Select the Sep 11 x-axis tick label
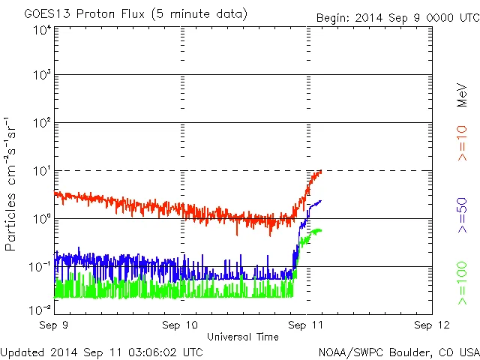pyautogui.click(x=306, y=325)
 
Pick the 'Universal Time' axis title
pyautogui.click(x=243, y=337)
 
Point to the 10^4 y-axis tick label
pyautogui.click(x=41, y=29)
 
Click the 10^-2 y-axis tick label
pyautogui.click(x=39, y=309)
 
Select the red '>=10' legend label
pyautogui.click(x=463, y=143)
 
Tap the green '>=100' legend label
pyautogui.click(x=463, y=283)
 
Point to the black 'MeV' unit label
pyautogui.click(x=463, y=94)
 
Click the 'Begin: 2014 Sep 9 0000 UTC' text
pyautogui.click(x=397, y=16)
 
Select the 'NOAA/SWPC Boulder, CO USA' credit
pyautogui.click(x=398, y=351)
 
